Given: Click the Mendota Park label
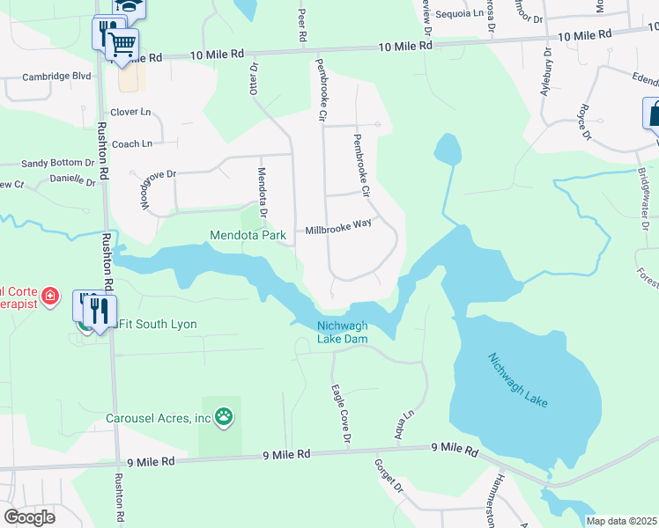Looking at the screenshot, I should tap(248, 236).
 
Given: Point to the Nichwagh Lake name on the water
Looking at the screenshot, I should tap(518, 379).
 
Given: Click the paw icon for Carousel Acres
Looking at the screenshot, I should tap(225, 417).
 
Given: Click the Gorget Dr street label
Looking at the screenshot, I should tap(388, 476).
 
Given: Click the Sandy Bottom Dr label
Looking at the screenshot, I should tap(57, 163).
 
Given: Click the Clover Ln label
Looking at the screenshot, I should tap(130, 113).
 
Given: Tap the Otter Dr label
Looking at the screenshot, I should tap(254, 77).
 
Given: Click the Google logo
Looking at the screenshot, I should tap(30, 517).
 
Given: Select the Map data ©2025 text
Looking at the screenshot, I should tap(621, 521).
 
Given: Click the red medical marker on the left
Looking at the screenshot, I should tap(50, 295).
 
